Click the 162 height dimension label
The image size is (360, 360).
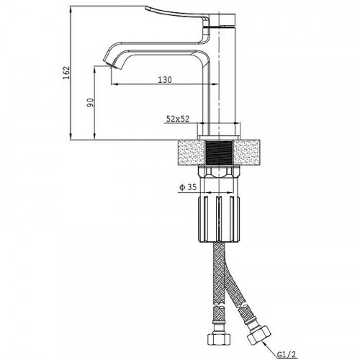[x=66, y=73]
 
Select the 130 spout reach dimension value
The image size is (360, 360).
[x=165, y=79]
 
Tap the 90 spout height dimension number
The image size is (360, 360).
[x=90, y=102]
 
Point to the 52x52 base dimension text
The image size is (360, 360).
[x=178, y=119]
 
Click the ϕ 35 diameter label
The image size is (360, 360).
[x=188, y=187]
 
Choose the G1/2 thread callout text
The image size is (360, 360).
[x=287, y=354]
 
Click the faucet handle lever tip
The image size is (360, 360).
[x=146, y=8]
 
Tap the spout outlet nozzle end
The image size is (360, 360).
[x=108, y=63]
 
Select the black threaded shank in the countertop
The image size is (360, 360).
[x=220, y=153]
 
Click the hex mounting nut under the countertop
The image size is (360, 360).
[x=220, y=172]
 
